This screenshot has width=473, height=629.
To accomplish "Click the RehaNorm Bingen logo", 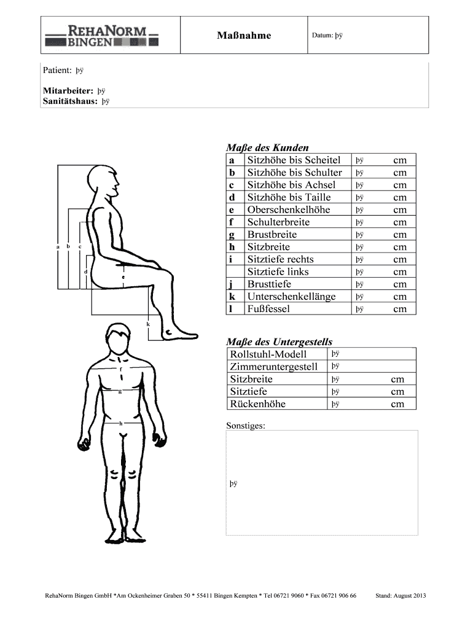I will coord(102,36).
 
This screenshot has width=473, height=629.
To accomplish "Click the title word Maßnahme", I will coord(244,36).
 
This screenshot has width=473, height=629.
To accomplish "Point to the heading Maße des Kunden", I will coord(267,147).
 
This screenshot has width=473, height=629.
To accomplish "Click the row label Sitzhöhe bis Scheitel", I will coord(294,160).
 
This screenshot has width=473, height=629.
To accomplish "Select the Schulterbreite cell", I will coord(278,222).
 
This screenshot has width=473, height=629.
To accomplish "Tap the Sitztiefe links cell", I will coord(278,272).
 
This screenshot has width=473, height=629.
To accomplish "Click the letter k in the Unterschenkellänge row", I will coord(232,297).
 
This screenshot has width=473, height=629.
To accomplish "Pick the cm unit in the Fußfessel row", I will coord(400,309).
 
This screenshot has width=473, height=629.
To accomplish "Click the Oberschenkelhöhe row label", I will coord(288,209).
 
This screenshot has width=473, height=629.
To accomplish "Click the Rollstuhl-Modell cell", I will coord(268,354).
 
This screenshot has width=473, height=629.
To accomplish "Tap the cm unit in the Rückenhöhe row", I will coord(397,404).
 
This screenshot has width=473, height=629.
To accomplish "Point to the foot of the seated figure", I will coord(178,332).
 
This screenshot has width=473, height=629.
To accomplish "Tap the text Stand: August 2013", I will coord(401,596).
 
